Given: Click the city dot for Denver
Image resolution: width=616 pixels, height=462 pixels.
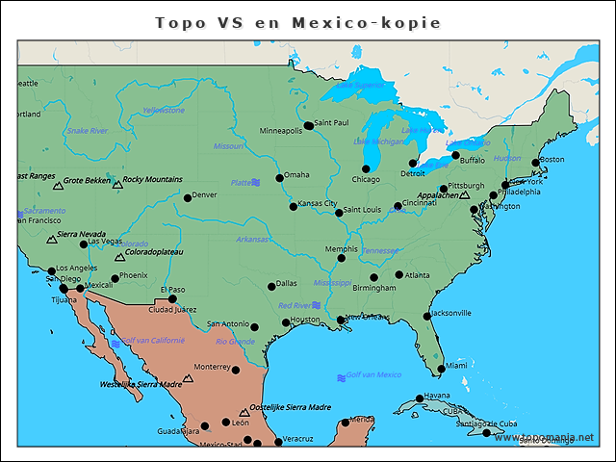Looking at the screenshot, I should tap(188, 198).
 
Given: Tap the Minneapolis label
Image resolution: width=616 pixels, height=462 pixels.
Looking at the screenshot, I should tap(280, 131).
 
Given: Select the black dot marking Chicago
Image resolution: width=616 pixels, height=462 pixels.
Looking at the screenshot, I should tap(366, 169).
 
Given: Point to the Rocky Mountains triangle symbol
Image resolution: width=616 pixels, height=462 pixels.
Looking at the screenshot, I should tap(117, 184).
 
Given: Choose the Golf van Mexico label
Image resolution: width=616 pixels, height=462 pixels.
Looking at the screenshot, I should tap(373, 375).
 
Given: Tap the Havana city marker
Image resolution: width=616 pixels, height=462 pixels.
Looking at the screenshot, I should tap(420, 398).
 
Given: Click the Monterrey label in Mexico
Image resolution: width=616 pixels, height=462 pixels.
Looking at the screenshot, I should tap(212, 367).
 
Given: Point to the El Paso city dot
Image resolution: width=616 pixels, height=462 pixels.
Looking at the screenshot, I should tap(173, 298).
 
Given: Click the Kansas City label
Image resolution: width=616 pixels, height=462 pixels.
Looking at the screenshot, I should tap(318, 204).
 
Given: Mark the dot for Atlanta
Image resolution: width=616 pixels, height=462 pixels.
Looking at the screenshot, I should tap(399, 275).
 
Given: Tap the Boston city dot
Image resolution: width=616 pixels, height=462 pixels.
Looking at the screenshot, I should tap(536, 163).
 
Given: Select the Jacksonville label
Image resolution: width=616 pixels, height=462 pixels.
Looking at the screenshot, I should tap(451, 313).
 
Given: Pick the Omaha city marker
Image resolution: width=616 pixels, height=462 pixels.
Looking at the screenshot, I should tap(280, 177).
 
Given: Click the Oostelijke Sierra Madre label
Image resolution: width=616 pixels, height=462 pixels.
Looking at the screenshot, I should tap(291, 407).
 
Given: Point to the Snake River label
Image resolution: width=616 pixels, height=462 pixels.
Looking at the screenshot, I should tap(87, 131).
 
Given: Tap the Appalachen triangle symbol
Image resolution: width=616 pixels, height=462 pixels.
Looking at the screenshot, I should tap(465, 195).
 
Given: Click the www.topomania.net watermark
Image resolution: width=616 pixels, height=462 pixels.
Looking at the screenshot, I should tap(544, 438).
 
